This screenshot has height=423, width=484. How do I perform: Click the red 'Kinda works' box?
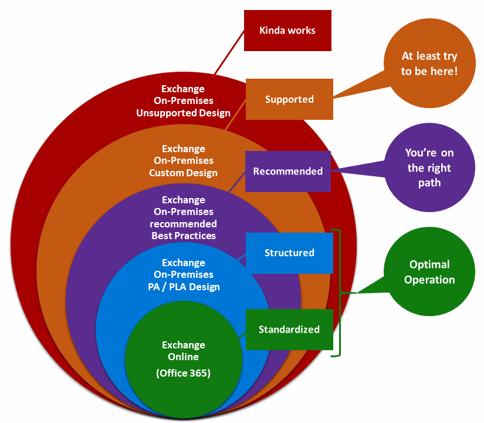coord(287,31)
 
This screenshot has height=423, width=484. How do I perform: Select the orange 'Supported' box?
coord(289,99)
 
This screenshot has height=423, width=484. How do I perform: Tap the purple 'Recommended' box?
coord(287,172)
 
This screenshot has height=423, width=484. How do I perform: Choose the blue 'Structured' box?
coord(289,253)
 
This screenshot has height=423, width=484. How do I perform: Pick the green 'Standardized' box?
coord(289,330)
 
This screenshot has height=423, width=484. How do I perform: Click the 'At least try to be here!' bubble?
coord(429,63)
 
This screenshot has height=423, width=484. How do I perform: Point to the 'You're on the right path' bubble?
coord(429,167)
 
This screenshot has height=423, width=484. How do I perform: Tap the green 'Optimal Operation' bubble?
coord(429,272)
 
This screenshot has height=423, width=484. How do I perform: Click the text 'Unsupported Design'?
coord(183,113)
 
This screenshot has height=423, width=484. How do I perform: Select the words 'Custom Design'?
coord(183,173)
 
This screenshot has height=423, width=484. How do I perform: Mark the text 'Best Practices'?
coord(183,236)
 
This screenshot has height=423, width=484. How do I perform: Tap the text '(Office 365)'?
coord(183,374)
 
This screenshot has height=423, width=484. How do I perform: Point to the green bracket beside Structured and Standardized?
coord(339,293)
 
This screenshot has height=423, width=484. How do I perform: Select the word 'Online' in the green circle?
coord(183,357)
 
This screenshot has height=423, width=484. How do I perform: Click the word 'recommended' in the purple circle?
coord(183,224)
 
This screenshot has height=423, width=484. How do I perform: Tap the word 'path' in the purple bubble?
coord(429,183)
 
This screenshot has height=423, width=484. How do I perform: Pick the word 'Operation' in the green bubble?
coord(429,280)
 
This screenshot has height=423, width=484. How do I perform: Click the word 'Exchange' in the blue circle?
coord(183,263)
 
